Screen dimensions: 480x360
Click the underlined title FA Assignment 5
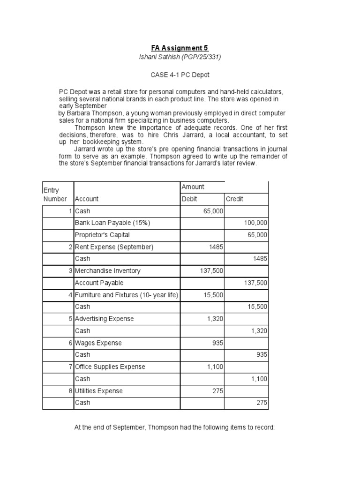[180, 48]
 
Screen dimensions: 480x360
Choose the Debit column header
[189, 199]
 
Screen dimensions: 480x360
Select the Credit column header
[235, 199]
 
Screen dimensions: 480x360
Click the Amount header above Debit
[193, 187]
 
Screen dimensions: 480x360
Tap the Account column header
[87, 199]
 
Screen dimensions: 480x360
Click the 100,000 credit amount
[255, 223]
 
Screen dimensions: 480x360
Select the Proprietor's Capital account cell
[102, 235]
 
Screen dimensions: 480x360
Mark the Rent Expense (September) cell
[114, 247]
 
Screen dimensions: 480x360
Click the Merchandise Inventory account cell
[107, 271]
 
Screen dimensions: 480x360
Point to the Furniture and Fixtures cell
[126, 295]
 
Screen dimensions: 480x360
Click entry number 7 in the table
[70, 367]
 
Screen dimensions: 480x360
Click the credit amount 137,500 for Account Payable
[255, 283]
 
